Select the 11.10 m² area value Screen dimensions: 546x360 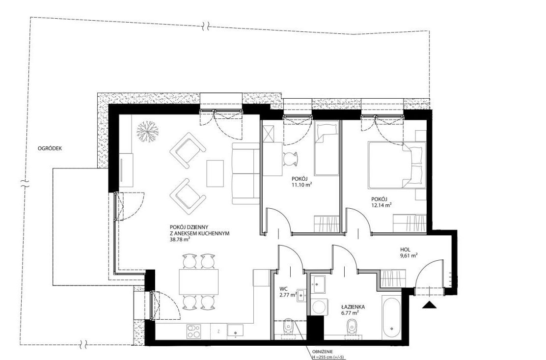tap(301, 185)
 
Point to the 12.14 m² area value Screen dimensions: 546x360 tap(382, 205)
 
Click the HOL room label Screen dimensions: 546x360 tap(405, 249)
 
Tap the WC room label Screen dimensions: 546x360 tap(283, 289)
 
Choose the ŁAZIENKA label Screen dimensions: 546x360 tap(353, 307)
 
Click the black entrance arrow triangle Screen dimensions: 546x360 tap(429, 305)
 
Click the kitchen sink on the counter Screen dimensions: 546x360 tap(236, 331)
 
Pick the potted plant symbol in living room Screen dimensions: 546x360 tap(147, 131)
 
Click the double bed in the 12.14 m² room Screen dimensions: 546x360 tap(397, 165)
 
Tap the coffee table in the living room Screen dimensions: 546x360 tap(215, 173)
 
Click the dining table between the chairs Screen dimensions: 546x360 tap(199, 281)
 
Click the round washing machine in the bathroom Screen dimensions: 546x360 tap(318, 307)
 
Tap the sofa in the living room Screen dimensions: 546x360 tap(246, 173)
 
